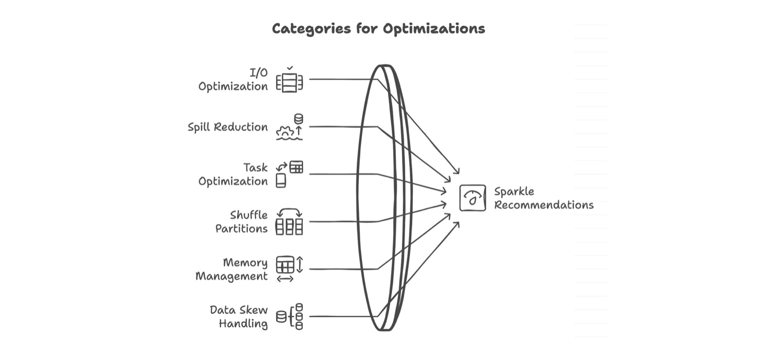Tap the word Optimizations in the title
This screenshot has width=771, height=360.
point(434,29)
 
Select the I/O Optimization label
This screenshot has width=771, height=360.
point(233,80)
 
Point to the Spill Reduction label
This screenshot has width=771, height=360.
point(228,127)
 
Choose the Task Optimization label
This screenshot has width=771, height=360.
point(233,174)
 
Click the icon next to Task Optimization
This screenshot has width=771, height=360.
point(289,174)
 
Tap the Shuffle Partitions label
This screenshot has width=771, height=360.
point(242,222)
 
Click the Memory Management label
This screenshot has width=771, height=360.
point(232,269)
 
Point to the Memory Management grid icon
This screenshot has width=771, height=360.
point(285,265)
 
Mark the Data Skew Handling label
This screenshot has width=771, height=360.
point(238,317)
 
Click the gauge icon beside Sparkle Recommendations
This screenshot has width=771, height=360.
point(472,198)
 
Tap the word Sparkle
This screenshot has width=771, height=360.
point(514,192)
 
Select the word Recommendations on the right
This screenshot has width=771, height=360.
point(544,205)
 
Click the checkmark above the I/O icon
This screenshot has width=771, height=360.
point(290,68)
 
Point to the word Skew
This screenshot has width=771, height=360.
point(255,310)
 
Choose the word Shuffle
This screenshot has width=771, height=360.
point(249,215)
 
